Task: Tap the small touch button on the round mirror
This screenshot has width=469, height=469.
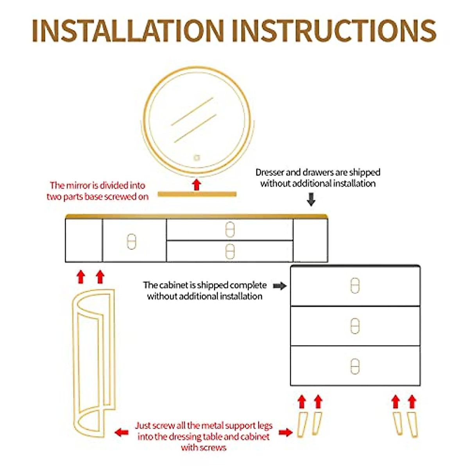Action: [196, 158]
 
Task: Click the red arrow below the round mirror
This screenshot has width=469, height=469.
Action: [197, 184]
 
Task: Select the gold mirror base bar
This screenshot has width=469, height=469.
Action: [197, 194]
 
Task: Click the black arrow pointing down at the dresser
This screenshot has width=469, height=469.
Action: [311, 200]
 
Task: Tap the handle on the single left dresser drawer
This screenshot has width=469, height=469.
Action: [131, 242]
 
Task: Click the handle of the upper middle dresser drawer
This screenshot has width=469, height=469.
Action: [230, 229]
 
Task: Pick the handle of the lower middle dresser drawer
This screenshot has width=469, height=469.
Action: [230, 251]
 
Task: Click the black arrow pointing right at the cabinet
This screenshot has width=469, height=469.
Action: [279, 286]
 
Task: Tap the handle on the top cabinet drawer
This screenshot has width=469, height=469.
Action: [354, 286]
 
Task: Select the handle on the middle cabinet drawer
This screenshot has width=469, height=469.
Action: [354, 326]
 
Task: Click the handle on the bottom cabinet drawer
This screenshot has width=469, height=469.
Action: [354, 366]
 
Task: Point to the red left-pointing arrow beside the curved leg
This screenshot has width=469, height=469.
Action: [122, 432]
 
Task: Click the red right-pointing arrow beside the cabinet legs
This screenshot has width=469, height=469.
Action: [286, 432]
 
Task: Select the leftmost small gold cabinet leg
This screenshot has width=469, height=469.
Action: [303, 424]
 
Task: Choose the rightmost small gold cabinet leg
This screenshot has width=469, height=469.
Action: [413, 424]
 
